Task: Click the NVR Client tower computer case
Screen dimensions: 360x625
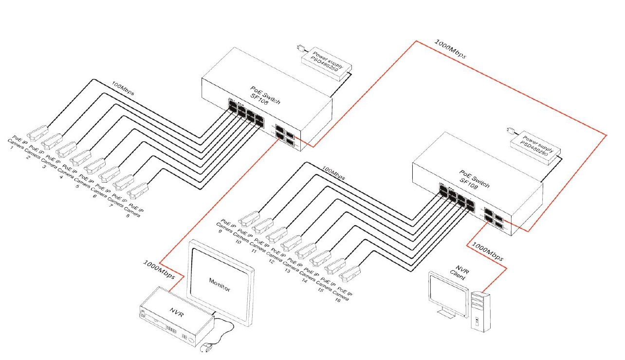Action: (x=480, y=312)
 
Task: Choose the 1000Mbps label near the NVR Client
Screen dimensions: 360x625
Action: (x=488, y=252)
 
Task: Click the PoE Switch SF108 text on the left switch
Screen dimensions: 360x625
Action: (x=265, y=96)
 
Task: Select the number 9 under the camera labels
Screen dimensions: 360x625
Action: (x=220, y=232)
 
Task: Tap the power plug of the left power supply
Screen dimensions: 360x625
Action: (x=300, y=48)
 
